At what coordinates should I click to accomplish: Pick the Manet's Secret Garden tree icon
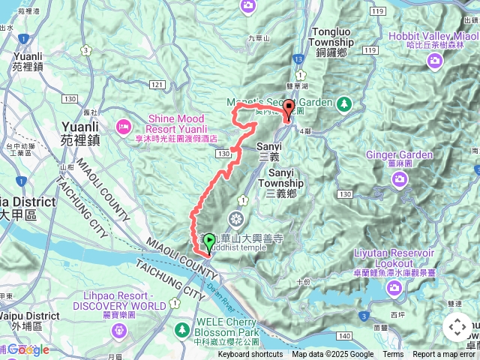coord(344,102)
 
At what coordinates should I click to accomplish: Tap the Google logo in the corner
coord(28,349)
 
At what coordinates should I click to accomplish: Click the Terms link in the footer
coord(393,355)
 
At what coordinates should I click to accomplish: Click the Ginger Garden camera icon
coord(400,178)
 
